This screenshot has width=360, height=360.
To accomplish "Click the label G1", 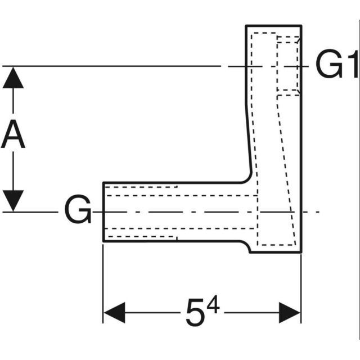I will [x=336, y=66].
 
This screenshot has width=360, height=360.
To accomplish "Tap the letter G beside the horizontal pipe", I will [x=77, y=211].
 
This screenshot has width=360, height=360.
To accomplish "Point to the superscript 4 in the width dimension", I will [x=212, y=305].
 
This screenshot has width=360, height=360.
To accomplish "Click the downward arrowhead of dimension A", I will [x=13, y=200].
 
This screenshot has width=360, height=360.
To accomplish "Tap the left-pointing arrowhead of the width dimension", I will [x=113, y=312].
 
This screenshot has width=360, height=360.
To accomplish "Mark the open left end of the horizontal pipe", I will [x=103, y=211].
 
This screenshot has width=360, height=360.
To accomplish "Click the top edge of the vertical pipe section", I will [x=273, y=26].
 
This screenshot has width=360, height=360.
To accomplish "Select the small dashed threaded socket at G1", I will [x=287, y=64].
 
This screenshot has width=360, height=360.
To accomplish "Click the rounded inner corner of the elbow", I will [x=247, y=179].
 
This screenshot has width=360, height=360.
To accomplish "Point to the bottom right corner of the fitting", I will [x=301, y=251].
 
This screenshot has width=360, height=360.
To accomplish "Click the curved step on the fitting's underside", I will [x=246, y=246].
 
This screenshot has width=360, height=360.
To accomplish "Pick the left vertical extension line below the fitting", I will [x=103, y=281].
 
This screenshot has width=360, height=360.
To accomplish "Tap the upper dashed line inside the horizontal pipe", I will [x=141, y=187].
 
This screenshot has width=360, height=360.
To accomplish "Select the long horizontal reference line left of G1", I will [x=112, y=66].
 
